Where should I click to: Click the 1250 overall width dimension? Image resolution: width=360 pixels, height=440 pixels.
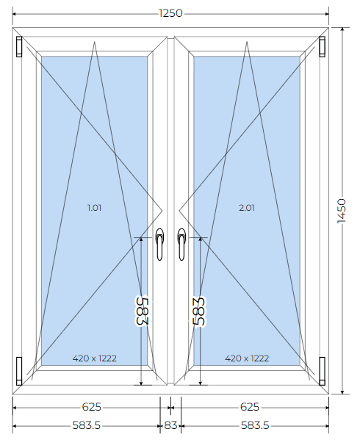pos(170,13)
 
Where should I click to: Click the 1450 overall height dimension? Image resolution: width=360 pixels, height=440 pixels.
pos(342,211)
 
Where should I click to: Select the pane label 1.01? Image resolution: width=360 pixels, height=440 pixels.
pos(94,208)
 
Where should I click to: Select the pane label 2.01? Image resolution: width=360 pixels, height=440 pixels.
pos(247,208)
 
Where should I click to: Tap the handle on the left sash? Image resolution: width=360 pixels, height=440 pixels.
pos(159,244)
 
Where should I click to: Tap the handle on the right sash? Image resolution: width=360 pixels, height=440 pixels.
pos(181,244)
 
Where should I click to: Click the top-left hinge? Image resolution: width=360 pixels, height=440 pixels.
pos(19,46)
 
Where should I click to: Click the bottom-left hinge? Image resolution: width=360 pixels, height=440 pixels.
pos(19,371)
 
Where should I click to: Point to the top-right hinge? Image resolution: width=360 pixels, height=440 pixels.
pos(322,46)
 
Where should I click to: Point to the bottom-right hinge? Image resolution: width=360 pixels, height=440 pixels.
pos(322,371)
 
